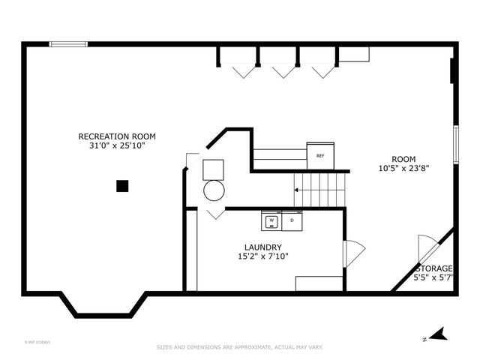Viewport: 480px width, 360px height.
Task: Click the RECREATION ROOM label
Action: pos(117,136)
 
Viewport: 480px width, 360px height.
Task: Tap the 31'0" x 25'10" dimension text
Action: pos(117,145)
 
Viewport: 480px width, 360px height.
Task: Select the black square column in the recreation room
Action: pos(122,186)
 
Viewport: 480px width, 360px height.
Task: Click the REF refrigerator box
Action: pos(320,156)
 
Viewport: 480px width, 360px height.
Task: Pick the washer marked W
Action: pos(271,220)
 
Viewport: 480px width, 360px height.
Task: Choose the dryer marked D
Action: pos(292,220)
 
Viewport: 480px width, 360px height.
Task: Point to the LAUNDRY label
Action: pos(262,247)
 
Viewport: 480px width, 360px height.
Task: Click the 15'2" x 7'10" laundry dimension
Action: pos(262,256)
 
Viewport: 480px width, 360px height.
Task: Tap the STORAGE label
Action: pos(434,268)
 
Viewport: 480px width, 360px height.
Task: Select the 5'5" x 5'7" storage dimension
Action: pos(434,277)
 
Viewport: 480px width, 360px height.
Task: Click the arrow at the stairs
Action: pos(297,190)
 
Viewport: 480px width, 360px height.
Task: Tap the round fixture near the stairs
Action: pos(214,190)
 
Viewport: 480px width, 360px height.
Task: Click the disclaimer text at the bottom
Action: pos(239,347)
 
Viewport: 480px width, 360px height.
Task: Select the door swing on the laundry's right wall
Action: pos(353,253)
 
